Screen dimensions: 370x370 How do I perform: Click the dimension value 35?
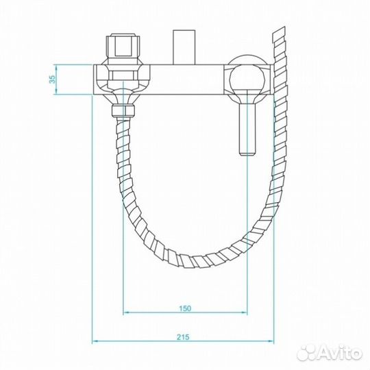click(x=53, y=79)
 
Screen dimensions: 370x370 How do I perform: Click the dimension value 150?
click(x=185, y=308)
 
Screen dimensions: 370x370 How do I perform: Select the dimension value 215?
click(x=183, y=337)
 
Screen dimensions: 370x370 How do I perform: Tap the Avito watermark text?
click(x=341, y=353)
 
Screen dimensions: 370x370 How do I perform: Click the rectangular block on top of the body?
click(x=184, y=47)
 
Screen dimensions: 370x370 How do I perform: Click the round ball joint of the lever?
click(x=247, y=79)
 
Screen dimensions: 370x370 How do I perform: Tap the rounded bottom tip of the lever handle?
click(x=247, y=153)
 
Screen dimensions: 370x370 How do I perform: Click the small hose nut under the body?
click(x=123, y=111)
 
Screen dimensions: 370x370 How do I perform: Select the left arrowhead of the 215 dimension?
click(x=95, y=341)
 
